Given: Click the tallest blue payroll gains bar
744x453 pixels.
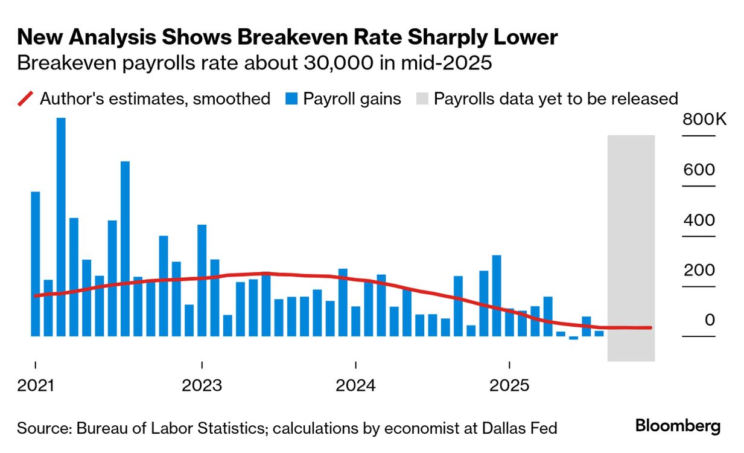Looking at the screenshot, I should (x=61, y=226).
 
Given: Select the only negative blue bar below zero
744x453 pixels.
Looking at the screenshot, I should (x=573, y=338).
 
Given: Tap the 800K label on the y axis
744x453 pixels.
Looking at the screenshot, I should (x=705, y=120).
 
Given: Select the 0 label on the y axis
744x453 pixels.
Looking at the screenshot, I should (x=709, y=320).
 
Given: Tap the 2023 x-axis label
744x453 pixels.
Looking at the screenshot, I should (x=202, y=385).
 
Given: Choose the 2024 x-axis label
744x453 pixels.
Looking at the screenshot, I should (x=355, y=385).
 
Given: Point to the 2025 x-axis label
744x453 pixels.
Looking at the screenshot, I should (x=510, y=385).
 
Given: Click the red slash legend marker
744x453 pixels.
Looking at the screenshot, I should (x=25, y=98).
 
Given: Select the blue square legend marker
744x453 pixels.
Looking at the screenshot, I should (x=291, y=98).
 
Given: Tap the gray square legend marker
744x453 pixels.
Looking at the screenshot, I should (x=422, y=98).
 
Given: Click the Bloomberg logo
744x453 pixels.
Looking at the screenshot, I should (x=678, y=426).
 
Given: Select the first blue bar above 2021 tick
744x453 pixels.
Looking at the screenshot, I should (x=36, y=264).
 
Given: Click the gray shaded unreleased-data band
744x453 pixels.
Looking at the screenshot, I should (x=631, y=248).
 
